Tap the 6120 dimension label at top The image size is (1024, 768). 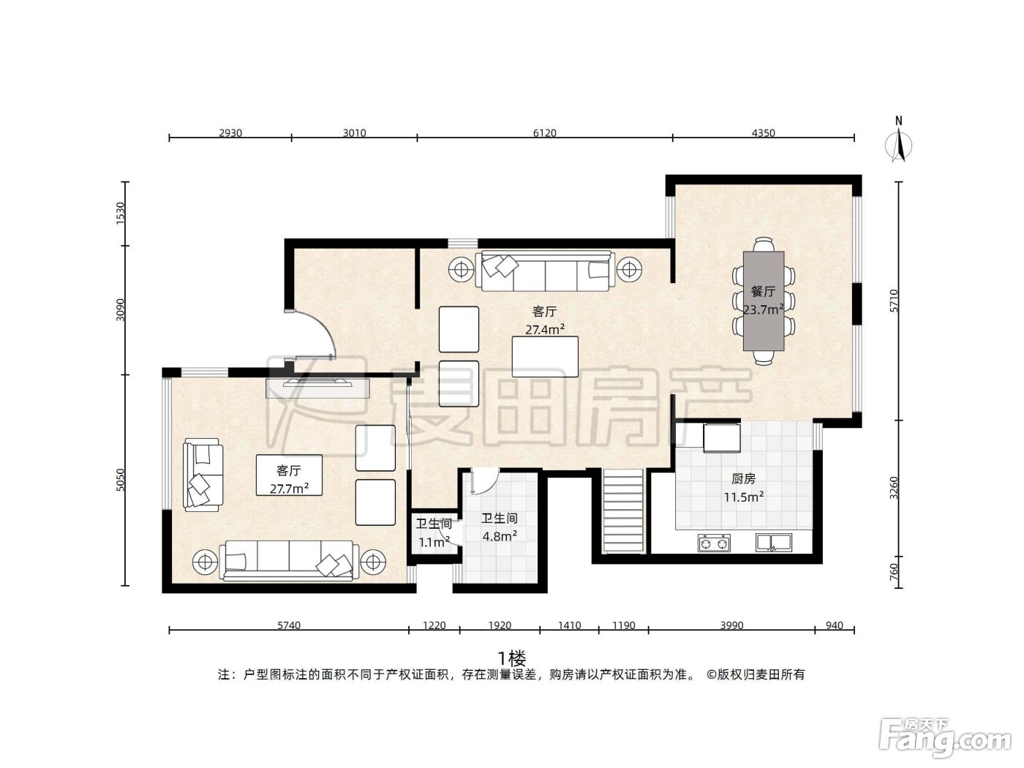click(x=544, y=133)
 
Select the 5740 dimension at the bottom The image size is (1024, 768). click(x=289, y=625)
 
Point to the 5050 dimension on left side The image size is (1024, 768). click(x=121, y=479)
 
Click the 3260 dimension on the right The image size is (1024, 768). click(x=893, y=487)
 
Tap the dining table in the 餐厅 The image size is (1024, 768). click(x=763, y=301)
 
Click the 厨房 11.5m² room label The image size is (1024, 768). click(x=744, y=487)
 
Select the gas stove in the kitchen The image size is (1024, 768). click(x=714, y=543)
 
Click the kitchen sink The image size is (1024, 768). click(x=773, y=543)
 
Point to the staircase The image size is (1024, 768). click(x=623, y=511)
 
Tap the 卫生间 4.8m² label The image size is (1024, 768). click(x=499, y=527)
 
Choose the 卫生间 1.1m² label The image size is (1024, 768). click(x=434, y=533)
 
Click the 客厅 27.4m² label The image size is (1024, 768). click(x=545, y=320)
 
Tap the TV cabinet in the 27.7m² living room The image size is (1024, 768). click(x=317, y=388)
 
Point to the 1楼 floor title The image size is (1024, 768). click(x=512, y=659)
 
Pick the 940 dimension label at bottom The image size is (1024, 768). click(x=834, y=625)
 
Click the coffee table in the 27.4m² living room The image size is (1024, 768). click(x=545, y=357)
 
